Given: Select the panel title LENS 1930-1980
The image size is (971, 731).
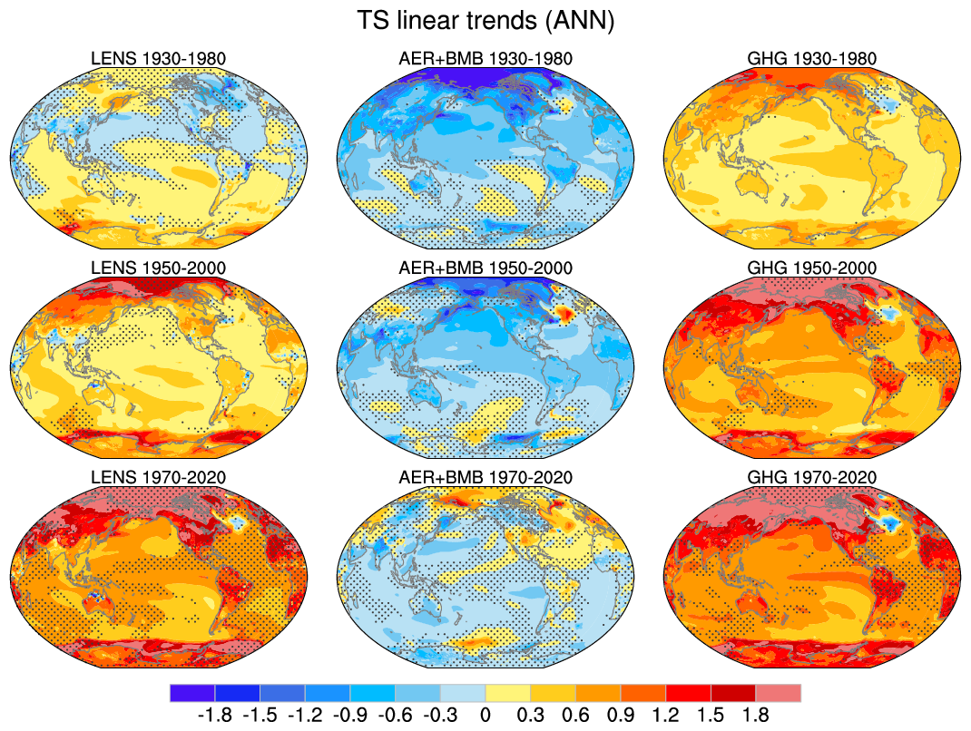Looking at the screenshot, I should click(x=159, y=59).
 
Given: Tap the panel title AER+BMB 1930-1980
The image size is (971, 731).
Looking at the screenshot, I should click(x=485, y=59).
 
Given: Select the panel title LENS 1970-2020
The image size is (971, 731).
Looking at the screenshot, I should click(x=159, y=477).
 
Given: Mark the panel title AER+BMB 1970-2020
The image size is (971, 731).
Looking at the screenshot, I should click(x=485, y=477).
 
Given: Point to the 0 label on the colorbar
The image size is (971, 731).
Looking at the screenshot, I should click(x=485, y=715).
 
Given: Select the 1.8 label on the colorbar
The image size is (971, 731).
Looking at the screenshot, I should click(x=756, y=715).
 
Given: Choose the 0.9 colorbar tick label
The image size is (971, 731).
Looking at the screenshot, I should click(x=621, y=715).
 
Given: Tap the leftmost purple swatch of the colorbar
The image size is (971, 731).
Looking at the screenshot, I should click(x=192, y=693).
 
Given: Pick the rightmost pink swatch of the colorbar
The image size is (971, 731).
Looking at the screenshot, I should click(x=779, y=693).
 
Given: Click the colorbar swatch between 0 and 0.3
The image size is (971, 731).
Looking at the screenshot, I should click(x=508, y=693).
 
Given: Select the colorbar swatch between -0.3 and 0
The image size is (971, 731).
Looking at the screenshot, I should click(x=463, y=693).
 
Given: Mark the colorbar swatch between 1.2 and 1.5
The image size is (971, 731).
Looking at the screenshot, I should click(x=689, y=693).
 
